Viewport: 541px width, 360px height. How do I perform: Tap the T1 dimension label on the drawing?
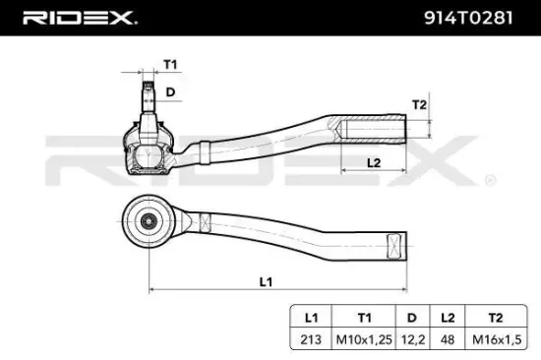169,64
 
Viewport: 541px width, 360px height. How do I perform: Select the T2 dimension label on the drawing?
417,105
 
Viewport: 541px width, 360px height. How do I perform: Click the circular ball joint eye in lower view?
150,220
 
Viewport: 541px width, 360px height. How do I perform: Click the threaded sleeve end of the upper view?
374,127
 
